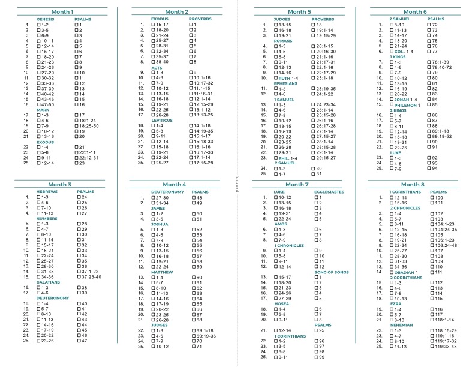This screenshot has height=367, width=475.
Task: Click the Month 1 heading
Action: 62,11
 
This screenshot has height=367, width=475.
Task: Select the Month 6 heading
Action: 415,11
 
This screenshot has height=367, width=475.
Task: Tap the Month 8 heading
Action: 415,184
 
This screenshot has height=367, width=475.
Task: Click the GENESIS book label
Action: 46,19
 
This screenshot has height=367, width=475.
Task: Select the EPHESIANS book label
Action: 278,83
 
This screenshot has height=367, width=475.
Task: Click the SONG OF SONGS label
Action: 331,272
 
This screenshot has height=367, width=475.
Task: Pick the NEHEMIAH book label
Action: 401,324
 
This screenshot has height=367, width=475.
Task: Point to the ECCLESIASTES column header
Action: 329,191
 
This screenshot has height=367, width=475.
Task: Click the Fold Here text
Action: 238,183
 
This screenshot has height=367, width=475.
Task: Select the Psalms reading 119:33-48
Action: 446,346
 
